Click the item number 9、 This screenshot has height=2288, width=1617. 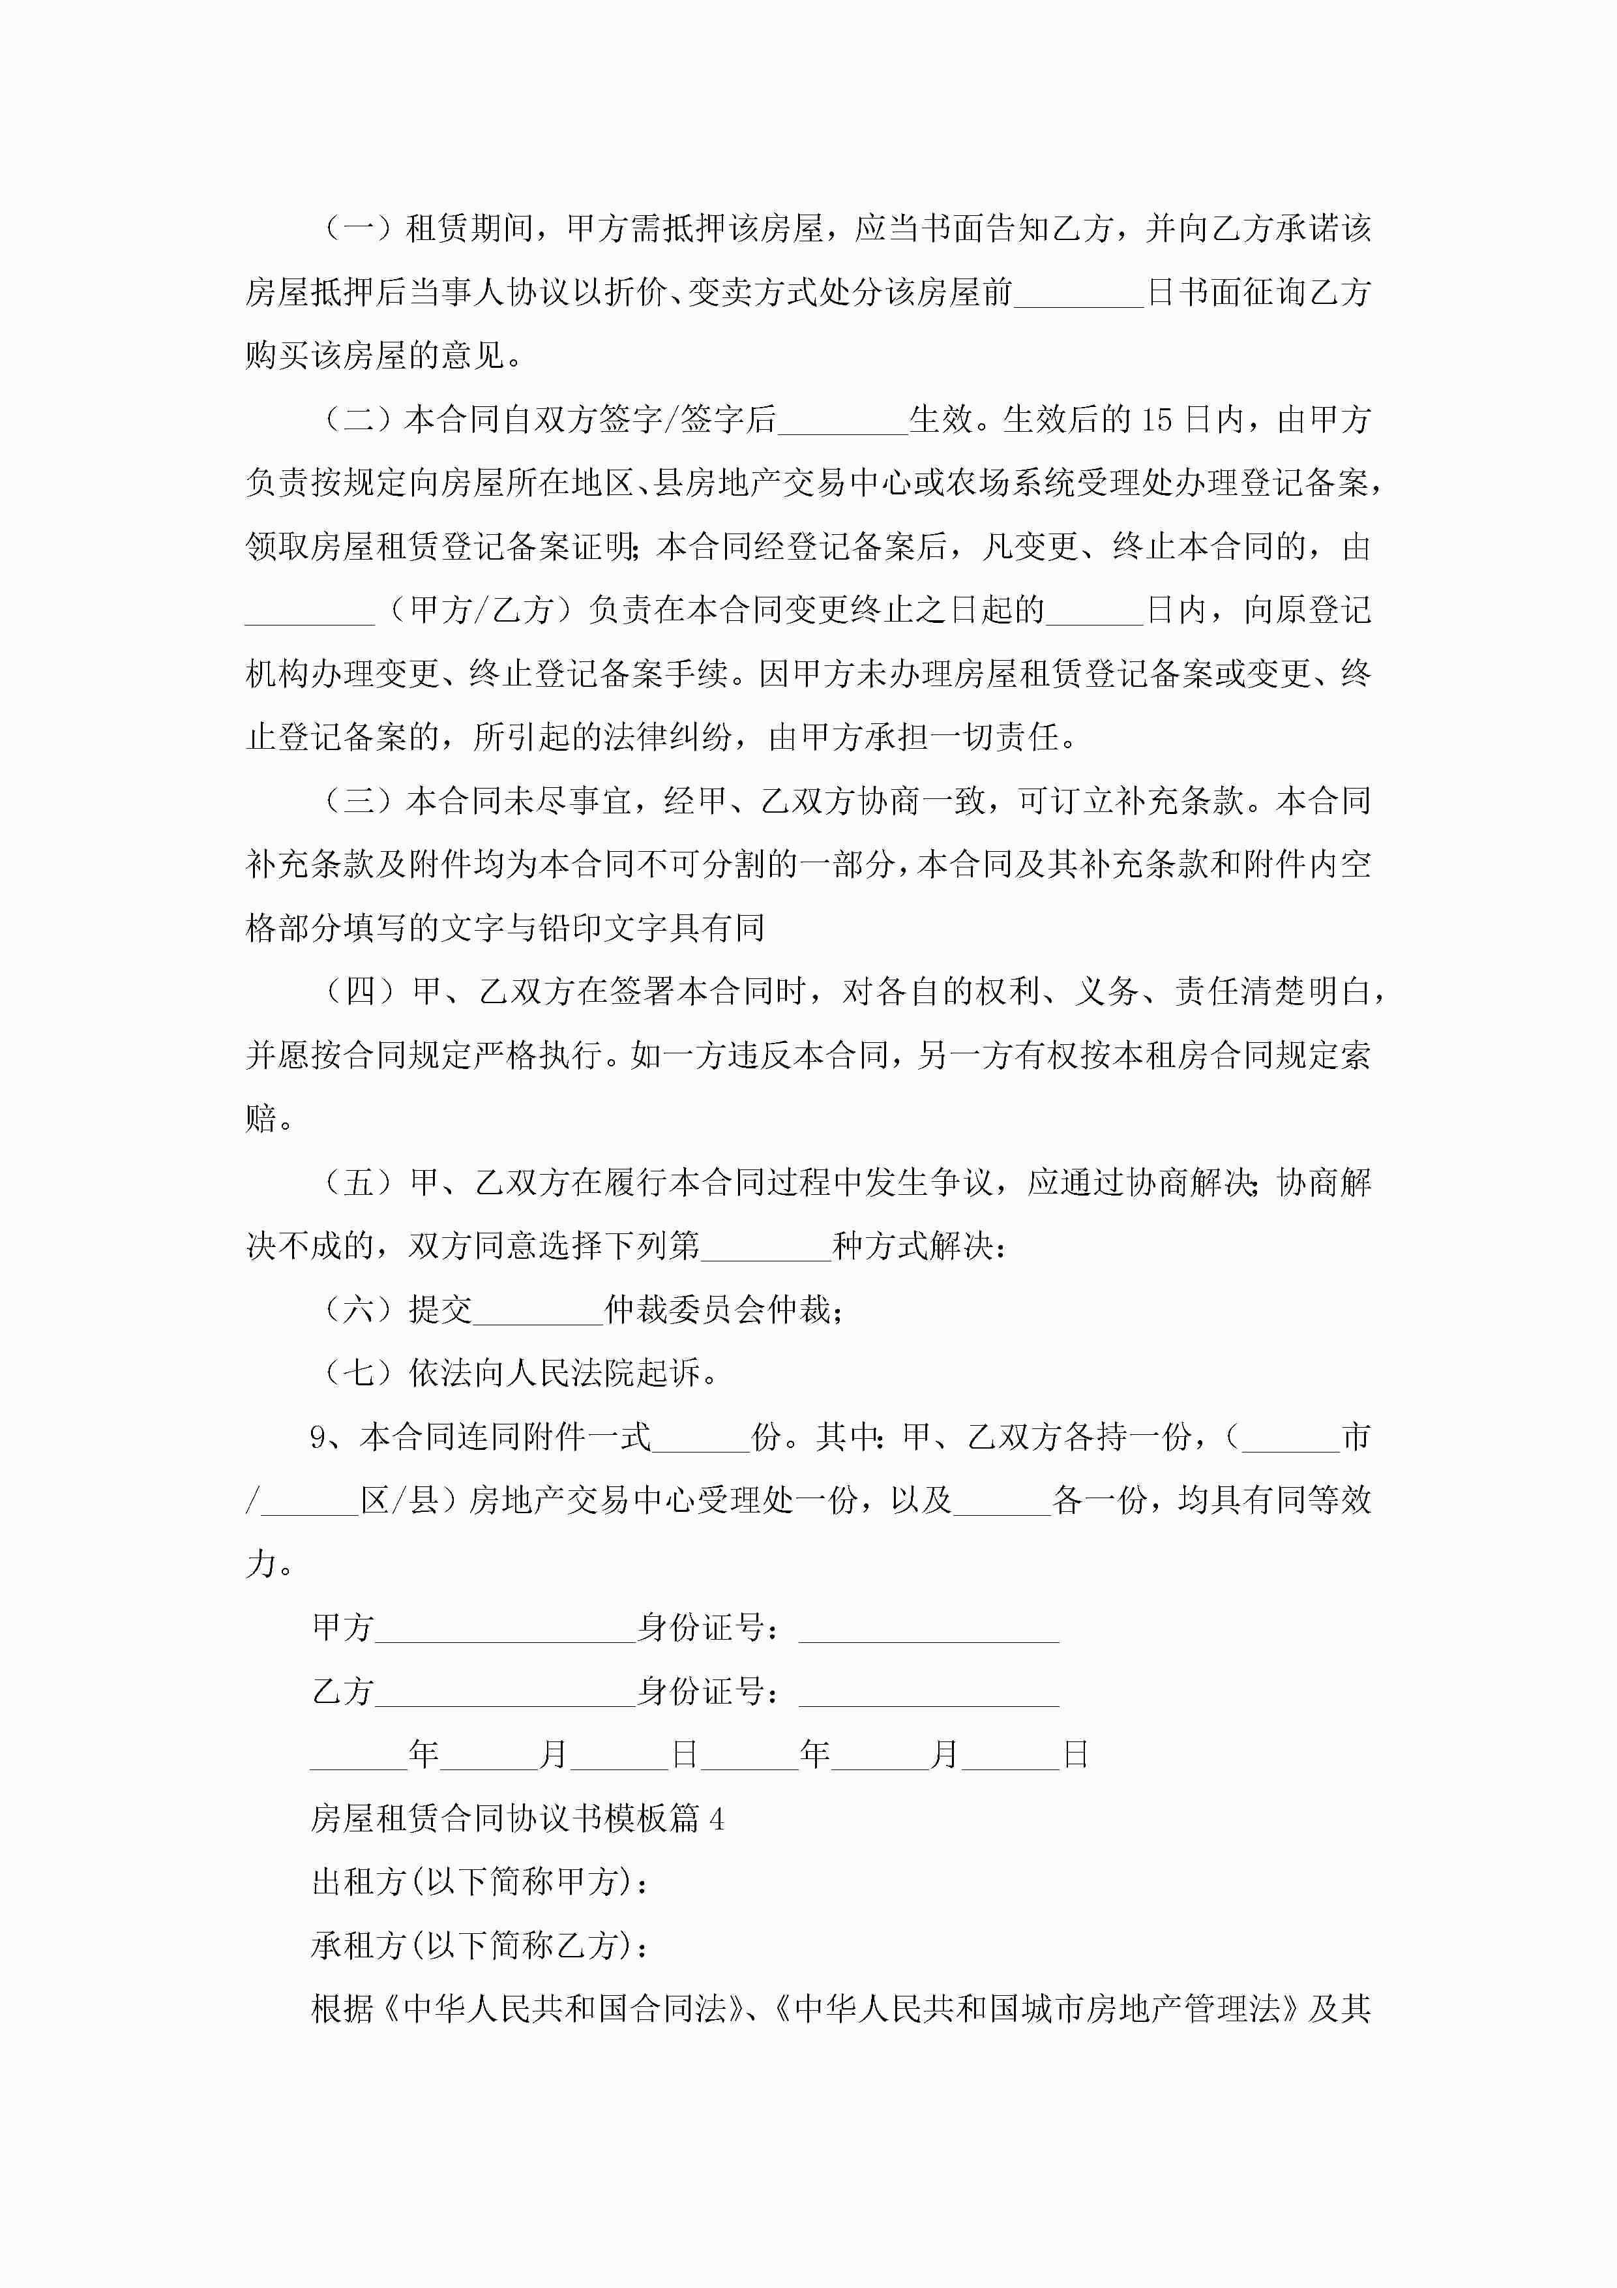tap(327, 1437)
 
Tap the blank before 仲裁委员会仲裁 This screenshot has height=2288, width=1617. tap(538, 1310)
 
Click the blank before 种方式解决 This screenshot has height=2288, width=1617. tap(766, 1246)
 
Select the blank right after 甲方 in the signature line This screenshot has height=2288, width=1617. tap(505, 1629)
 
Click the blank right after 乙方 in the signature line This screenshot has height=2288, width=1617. tap(505, 1692)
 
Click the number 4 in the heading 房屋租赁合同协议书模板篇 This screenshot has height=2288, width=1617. tap(717, 1820)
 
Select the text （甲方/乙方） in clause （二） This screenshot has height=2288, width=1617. tap(481, 610)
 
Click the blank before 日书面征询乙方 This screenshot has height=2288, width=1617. tap(1079, 293)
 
